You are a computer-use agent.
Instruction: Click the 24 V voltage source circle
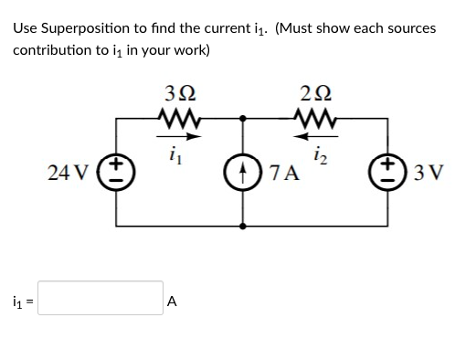click(117, 171)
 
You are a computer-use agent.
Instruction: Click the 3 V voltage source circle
click(393, 171)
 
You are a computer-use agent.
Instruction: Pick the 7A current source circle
click(242, 171)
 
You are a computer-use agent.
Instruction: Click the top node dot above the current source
click(242, 118)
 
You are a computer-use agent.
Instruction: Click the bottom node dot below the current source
click(242, 225)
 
